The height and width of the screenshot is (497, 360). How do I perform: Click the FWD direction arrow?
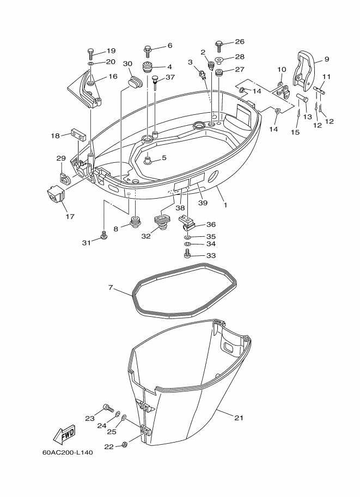(64, 435)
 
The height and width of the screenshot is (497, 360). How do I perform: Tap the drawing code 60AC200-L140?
(68, 452)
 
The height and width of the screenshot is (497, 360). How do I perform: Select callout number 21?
(239, 418)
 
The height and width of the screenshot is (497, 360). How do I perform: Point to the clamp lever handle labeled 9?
(304, 71)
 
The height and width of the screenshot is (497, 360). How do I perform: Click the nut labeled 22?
(125, 444)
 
